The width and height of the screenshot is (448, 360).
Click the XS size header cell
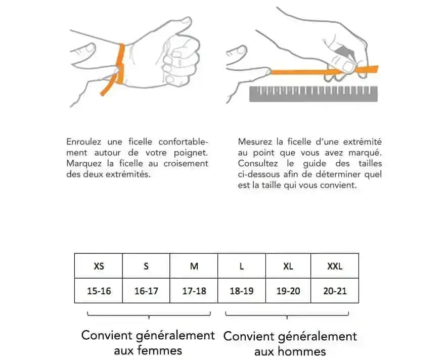99,266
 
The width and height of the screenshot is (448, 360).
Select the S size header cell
146,266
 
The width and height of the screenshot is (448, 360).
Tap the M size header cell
194,266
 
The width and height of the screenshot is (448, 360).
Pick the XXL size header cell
335,266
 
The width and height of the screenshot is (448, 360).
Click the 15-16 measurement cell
99,291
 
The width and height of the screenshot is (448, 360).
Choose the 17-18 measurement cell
194,291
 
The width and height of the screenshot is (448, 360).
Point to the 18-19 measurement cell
242,291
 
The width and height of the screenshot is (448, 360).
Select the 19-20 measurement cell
288,291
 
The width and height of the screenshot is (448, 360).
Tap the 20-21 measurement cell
335,291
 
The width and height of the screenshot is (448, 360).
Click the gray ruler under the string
313,94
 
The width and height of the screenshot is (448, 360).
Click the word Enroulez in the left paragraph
84,142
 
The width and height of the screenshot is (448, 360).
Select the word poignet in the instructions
191,153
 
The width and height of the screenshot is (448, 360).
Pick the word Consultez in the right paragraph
258,164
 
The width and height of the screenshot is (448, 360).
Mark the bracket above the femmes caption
149,316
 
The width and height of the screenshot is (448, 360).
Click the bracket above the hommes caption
287,316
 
